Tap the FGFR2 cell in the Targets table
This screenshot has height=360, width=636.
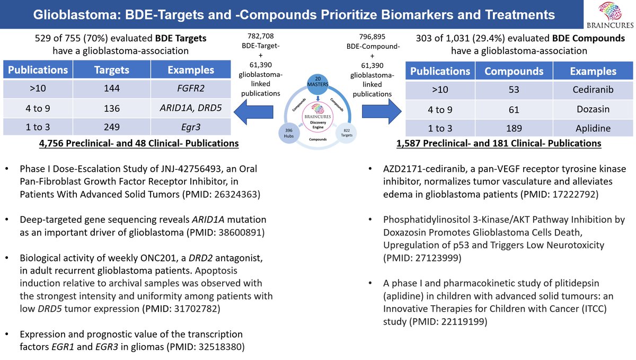(x=190, y=89)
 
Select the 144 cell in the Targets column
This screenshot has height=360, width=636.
(x=112, y=89)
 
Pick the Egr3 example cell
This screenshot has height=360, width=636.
(x=190, y=128)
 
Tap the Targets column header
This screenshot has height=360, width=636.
(x=112, y=70)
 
